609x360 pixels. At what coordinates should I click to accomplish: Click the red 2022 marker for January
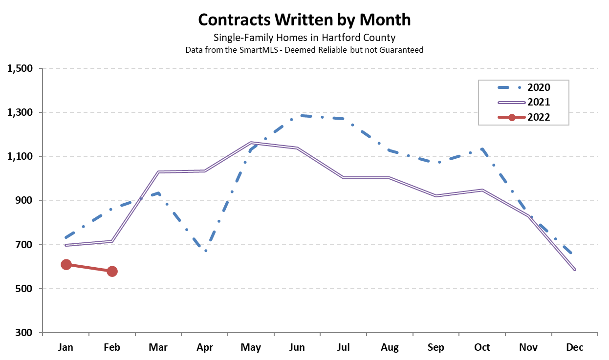point(66,265)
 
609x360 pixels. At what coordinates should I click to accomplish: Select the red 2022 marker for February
point(112,272)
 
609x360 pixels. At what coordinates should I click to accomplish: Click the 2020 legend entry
point(539,87)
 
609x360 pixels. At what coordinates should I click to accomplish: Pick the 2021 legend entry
point(539,102)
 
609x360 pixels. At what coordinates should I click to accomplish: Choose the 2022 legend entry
point(539,117)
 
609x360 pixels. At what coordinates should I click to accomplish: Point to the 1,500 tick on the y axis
point(20,68)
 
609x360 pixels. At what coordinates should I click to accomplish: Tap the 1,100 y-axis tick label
point(20,156)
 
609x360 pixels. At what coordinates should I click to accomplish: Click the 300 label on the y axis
point(25,333)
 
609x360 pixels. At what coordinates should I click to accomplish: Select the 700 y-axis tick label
point(25,245)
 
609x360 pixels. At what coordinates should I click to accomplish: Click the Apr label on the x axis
point(205,348)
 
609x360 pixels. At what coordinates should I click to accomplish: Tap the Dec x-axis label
point(575,348)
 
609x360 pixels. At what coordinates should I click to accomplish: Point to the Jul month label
point(344,348)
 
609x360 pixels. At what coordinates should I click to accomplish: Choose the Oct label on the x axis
point(482,348)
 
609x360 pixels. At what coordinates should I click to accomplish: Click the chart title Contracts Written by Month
point(304,20)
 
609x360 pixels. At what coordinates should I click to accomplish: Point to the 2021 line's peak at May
point(251,143)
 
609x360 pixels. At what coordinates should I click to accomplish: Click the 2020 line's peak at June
point(297,116)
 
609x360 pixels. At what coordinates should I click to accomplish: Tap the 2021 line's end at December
point(575,270)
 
